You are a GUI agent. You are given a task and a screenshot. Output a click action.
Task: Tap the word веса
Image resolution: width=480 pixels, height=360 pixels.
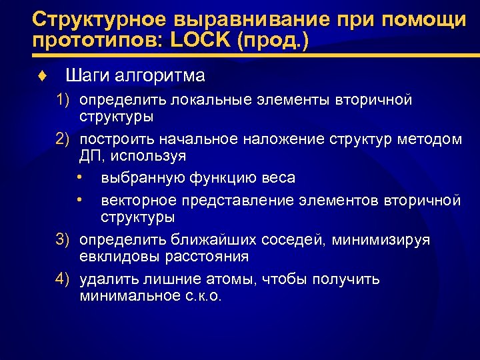(x=279, y=178)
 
